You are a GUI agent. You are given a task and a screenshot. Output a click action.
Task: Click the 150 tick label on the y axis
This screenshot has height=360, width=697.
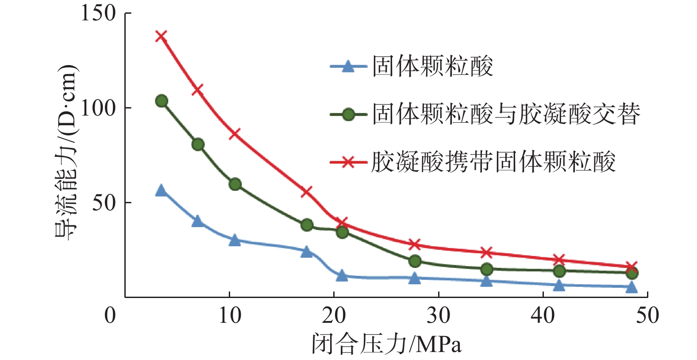coord(98,13)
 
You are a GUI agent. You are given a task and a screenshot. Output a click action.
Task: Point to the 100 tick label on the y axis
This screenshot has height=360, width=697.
coord(98,108)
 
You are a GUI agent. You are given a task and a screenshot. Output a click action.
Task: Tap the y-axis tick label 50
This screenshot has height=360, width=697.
coord(104,203)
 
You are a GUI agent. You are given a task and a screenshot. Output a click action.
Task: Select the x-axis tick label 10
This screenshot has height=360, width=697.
coord(230,316)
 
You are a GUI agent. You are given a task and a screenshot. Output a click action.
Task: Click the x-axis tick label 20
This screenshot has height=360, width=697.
coord(334,316)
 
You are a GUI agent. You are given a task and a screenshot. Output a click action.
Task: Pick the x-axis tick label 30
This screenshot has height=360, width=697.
coord(439,316)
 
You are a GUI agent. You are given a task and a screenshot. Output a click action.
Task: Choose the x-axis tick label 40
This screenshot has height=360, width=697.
coord(543,316)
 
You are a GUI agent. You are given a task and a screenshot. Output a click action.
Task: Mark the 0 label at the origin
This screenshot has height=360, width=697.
coord(110,316)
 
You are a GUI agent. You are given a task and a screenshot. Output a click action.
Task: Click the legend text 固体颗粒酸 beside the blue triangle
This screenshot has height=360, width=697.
coord(432,67)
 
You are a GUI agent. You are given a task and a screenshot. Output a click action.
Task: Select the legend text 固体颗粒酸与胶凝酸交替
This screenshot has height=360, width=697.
coord(506,114)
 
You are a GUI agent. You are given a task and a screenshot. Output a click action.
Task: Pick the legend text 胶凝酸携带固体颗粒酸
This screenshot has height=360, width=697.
coord(493,162)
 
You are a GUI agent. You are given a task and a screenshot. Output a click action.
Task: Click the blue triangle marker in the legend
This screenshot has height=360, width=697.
coord(348,67)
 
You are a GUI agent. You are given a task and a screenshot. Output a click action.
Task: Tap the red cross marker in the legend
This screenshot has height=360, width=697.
coord(348,162)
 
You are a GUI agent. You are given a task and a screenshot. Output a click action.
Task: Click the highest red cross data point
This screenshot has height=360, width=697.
coord(161,36)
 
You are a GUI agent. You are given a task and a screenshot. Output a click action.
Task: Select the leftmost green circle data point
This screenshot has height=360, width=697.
coord(162,101)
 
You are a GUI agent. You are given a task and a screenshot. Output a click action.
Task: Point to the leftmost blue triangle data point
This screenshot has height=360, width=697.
coord(161,191)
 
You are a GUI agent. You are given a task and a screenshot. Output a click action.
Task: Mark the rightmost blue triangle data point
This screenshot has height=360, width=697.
coord(632,287)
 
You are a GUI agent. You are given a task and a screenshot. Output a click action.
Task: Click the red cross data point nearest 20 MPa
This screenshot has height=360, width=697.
coord(342,222)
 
